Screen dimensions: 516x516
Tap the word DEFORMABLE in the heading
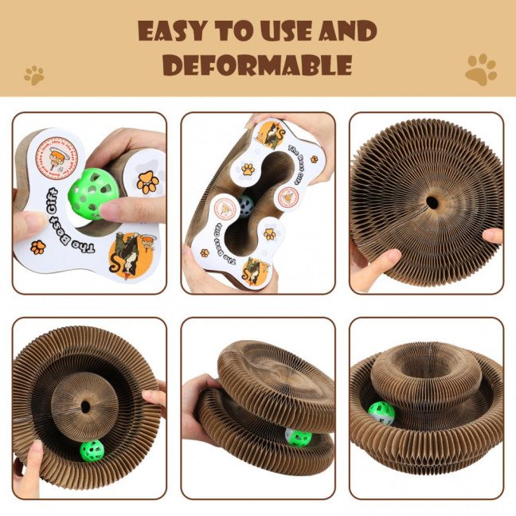[x=257, y=65]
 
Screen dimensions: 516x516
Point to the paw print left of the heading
[x=34, y=76]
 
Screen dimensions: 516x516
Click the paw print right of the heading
[x=480, y=69]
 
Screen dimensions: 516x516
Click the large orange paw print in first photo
[x=147, y=182]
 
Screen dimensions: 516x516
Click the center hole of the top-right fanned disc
[x=431, y=201]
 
